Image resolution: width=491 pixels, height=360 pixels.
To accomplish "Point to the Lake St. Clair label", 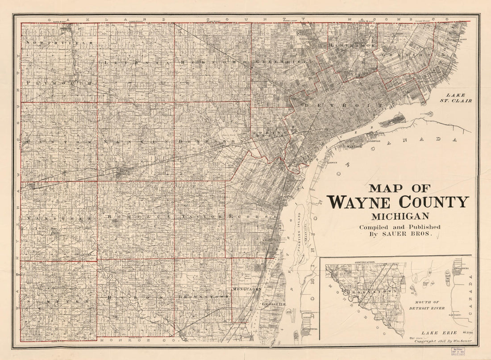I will tap(458, 98).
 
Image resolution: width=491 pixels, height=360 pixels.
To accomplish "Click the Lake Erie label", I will tap(426, 333).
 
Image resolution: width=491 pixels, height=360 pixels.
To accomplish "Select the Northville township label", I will tap(59, 43).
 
